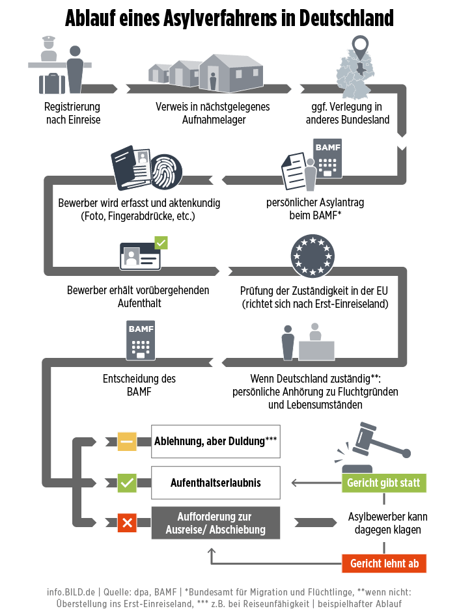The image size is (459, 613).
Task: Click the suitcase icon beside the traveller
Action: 52,83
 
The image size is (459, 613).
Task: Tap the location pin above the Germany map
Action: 360,47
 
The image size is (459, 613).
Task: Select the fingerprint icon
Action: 167,171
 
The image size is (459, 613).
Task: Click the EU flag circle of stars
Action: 313,256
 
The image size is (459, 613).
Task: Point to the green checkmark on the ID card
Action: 161,243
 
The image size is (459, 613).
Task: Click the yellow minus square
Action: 127,442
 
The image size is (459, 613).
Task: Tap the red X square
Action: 127,523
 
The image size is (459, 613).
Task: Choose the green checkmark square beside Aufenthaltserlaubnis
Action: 127,484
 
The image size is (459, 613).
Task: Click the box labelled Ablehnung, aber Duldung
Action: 216,441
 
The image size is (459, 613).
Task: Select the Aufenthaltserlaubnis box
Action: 216,482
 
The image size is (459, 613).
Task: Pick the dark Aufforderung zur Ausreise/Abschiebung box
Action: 216,523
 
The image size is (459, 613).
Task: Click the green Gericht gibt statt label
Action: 384,483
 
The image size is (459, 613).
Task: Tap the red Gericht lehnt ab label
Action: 384,564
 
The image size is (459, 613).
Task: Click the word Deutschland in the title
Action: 346,18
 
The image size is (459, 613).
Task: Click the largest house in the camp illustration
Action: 230,73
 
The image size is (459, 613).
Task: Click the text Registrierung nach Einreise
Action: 73,113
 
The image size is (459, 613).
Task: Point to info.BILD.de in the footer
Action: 71,592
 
